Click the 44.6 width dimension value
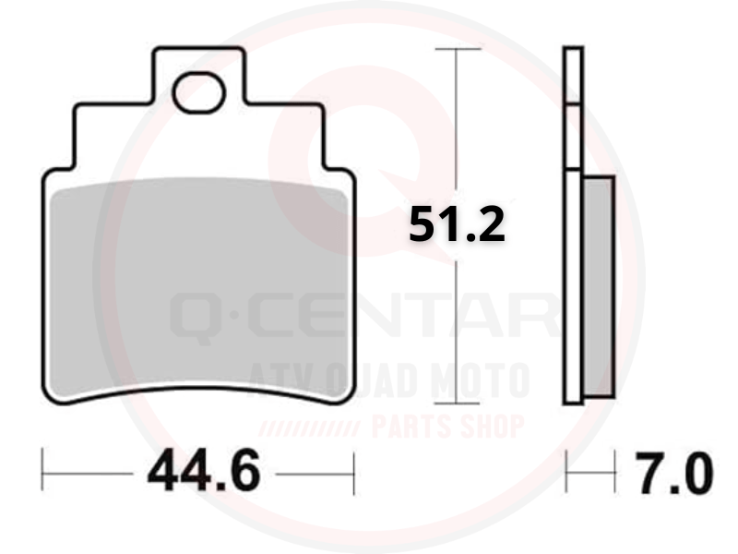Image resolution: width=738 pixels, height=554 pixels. point(203,471)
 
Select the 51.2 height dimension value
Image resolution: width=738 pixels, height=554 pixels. point(457,224)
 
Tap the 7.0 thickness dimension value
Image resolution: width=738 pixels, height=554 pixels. point(673,474)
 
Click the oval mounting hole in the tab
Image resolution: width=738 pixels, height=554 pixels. point(198,93)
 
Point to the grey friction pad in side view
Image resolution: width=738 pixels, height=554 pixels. point(599,287)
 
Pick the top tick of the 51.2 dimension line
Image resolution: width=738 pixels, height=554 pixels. point(458,49)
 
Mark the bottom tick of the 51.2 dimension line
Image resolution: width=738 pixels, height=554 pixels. point(457,403)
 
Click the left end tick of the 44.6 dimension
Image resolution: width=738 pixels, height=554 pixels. point(42,469)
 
